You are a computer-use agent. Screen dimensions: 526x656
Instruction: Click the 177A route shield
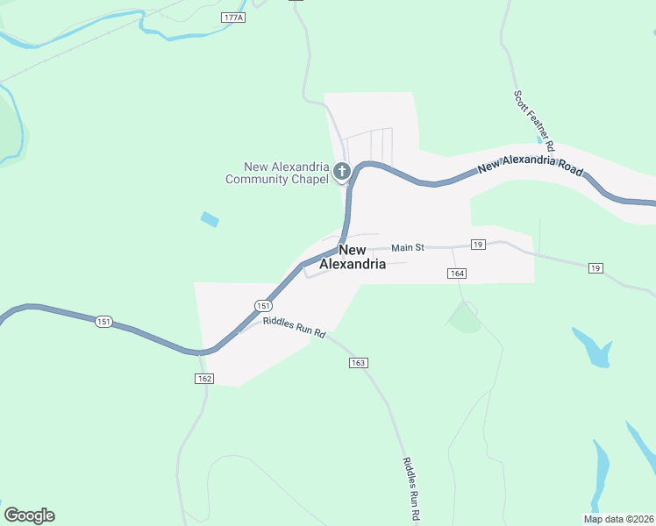[232, 18]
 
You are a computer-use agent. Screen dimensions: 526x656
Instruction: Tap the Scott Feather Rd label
[534, 116]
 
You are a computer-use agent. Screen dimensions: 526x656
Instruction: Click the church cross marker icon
[342, 172]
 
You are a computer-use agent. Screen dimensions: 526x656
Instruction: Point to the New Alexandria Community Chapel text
[277, 174]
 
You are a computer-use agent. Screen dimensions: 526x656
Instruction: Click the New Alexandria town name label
[352, 257]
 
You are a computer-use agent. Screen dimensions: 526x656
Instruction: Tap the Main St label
[408, 247]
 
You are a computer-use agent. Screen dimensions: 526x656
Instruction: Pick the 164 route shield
[456, 274]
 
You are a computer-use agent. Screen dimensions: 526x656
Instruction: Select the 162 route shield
[204, 378]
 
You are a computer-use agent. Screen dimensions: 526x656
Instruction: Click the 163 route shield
[357, 362]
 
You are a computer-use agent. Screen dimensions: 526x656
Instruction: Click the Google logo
[29, 515]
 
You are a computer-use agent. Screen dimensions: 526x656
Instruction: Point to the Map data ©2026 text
[619, 518]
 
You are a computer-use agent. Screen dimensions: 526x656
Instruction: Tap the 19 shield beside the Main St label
[478, 244]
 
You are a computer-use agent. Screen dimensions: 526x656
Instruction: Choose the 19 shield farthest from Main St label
[595, 267]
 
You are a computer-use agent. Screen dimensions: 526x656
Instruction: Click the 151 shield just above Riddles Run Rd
[263, 305]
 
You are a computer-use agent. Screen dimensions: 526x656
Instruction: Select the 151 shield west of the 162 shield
[104, 322]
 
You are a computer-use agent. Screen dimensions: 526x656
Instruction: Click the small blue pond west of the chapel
[210, 219]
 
